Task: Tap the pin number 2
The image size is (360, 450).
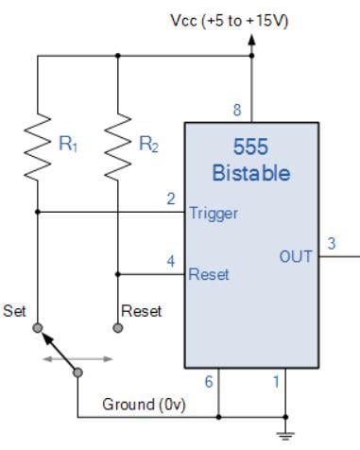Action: [171, 200]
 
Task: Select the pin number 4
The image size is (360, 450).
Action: [171, 262]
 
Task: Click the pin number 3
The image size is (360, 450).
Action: [331, 243]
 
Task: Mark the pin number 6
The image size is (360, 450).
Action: [208, 381]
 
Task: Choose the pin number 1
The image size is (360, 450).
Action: [275, 381]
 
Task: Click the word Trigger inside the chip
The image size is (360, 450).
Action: [214, 214]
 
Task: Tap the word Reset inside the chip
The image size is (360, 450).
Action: [209, 275]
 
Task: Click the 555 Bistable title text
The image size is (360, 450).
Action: [252, 161]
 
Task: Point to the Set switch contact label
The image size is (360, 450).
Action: [15, 310]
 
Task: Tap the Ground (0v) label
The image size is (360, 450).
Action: [144, 406]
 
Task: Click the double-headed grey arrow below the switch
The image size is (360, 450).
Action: [77, 359]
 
